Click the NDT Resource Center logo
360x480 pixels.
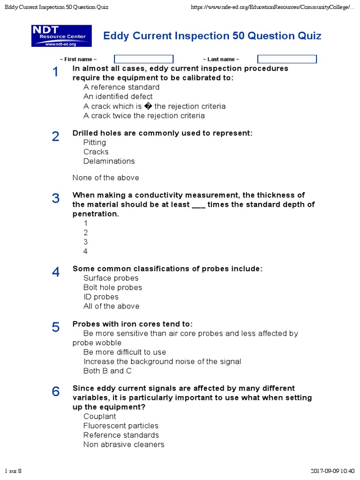[61, 36]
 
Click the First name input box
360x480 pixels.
[144, 59]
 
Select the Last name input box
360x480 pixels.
[287, 59]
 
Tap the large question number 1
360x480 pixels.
[56, 72]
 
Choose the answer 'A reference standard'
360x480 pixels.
[121, 87]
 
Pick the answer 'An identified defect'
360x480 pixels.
[118, 97]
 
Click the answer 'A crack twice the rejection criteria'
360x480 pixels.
[144, 115]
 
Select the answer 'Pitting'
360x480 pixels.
[95, 142]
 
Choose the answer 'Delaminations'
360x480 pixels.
[109, 161]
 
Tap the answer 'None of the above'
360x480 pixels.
[106, 178]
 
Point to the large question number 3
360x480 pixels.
[56, 199]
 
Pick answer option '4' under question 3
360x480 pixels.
[86, 251]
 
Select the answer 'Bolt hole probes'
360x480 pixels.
[112, 287]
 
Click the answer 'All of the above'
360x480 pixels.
[112, 306]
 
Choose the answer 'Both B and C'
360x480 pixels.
[107, 371]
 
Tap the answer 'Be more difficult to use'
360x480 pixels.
[125, 352]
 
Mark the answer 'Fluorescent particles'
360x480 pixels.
[121, 426]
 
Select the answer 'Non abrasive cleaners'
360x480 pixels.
[124, 444]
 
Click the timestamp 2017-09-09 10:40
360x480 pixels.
[332, 471]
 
